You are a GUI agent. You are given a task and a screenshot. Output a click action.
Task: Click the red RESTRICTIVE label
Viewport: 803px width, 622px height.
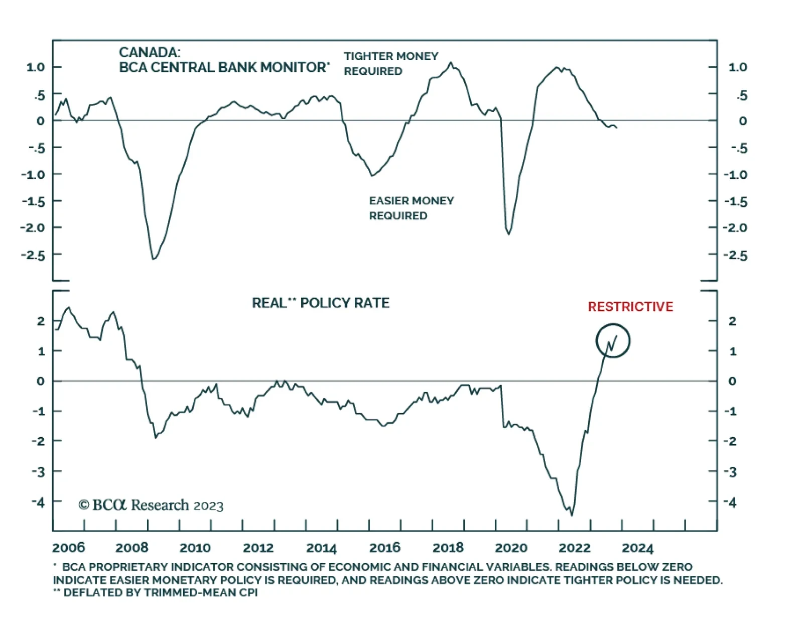[x=630, y=307]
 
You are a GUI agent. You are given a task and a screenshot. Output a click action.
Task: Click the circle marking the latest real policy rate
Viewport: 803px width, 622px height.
[x=613, y=341]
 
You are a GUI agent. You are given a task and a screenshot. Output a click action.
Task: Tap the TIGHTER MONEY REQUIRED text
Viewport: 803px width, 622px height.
[x=391, y=63]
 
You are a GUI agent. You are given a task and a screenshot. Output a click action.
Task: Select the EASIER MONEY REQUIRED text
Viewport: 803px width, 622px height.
[x=411, y=208]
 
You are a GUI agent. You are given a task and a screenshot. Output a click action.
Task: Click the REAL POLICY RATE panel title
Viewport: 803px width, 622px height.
[x=321, y=303]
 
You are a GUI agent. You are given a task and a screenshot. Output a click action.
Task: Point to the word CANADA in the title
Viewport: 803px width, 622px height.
[x=149, y=52]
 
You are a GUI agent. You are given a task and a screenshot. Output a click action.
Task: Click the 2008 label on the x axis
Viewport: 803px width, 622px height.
[x=131, y=548]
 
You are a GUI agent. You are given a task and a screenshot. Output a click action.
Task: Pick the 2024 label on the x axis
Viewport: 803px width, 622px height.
[x=638, y=548]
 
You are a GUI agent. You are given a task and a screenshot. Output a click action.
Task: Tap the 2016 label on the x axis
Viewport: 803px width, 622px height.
[x=385, y=548]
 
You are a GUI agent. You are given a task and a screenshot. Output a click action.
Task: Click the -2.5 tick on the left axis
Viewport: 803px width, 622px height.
[x=33, y=255]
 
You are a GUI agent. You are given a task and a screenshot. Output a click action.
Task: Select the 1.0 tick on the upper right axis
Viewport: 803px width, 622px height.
[x=738, y=67]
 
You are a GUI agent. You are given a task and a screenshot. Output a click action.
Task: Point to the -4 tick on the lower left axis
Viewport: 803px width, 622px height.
[x=38, y=502]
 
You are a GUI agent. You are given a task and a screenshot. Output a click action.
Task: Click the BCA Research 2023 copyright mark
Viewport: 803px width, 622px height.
[x=151, y=505]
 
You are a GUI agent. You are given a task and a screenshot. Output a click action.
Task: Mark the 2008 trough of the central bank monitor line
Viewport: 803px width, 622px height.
[x=154, y=259]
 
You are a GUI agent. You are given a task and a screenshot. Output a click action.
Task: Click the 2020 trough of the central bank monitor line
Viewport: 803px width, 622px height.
[x=508, y=233]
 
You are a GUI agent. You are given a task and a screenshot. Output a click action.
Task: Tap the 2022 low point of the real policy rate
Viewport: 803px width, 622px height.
[x=572, y=514]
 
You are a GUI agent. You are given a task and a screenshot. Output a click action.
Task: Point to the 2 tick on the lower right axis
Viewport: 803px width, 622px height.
[x=732, y=321]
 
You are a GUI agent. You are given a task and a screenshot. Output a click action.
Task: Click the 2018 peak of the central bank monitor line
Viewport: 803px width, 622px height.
[x=451, y=63]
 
